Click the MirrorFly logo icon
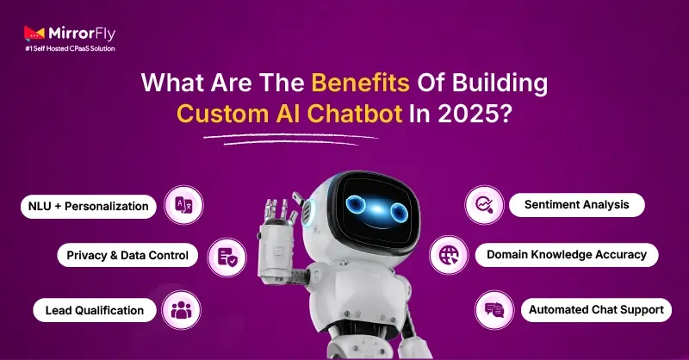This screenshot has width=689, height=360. [x=34, y=34]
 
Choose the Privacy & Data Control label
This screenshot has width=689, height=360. [x=128, y=256]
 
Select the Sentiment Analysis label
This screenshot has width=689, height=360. [x=575, y=205]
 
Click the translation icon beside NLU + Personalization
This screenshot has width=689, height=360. [x=184, y=205]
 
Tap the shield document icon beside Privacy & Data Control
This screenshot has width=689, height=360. [x=227, y=256]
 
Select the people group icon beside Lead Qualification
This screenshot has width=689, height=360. [x=182, y=309]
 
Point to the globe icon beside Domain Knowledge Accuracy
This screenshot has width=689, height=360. [x=450, y=255]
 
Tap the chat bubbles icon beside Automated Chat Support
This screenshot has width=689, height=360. [x=494, y=308]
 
